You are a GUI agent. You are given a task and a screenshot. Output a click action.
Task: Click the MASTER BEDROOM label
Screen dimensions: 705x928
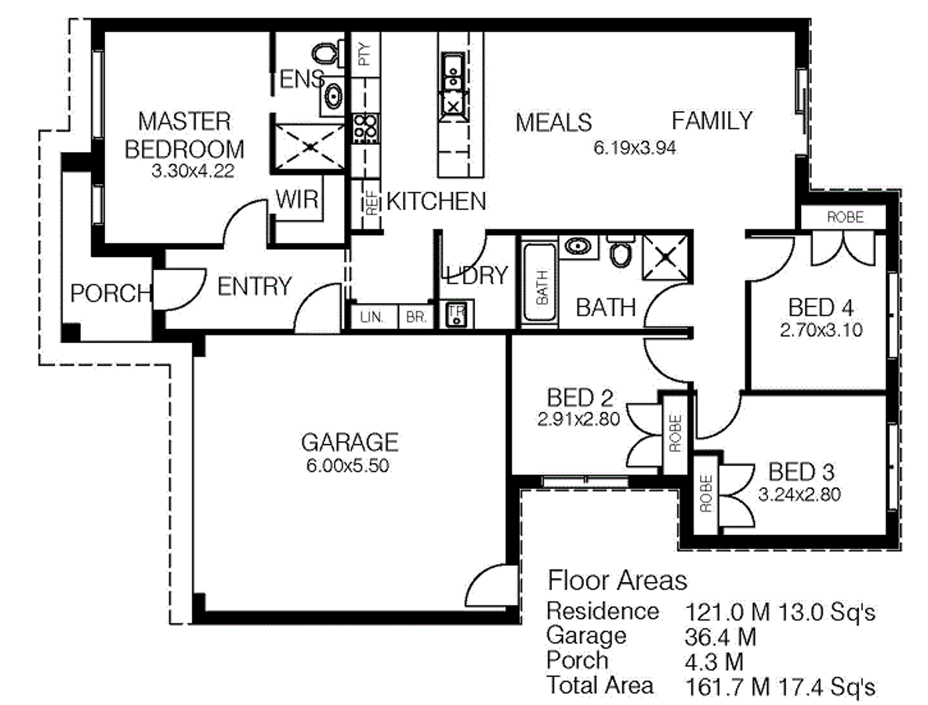click(185, 135)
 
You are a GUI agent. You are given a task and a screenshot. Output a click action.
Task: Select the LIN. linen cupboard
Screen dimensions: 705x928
click(371, 317)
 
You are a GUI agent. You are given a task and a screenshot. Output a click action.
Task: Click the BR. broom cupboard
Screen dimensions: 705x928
click(413, 317)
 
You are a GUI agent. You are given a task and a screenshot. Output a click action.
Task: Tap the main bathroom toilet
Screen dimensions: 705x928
click(621, 252)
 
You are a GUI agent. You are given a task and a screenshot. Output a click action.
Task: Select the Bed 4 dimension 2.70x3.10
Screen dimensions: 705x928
click(821, 331)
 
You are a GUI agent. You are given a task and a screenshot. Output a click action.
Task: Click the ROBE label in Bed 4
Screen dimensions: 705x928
click(845, 217)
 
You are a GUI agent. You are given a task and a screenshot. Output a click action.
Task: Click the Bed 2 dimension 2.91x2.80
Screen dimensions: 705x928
click(578, 419)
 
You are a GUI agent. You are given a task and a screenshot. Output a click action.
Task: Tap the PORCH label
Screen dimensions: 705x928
click(111, 293)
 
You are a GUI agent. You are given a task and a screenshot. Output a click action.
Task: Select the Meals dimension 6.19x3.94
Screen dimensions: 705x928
click(635, 146)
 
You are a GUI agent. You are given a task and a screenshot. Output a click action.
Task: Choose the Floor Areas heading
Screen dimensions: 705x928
click(617, 580)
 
